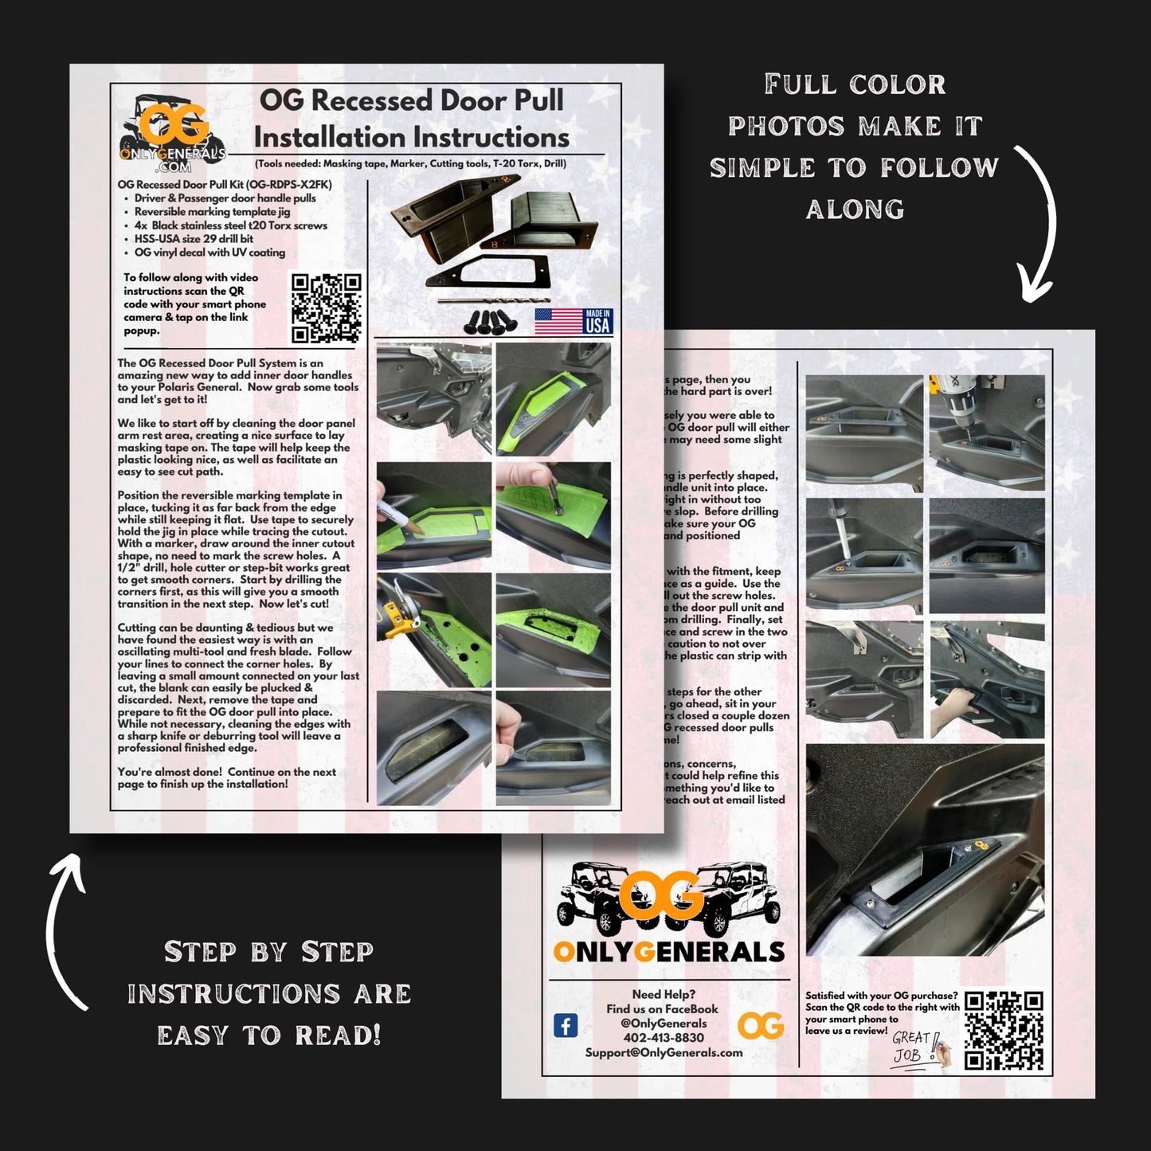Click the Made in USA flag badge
coord(574,322)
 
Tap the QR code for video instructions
coord(326,308)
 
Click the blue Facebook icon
coord(566,1025)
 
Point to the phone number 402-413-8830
coord(664,1038)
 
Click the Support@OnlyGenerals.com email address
coord(664,1052)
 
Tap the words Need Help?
coord(664,994)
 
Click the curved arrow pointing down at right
coord(1036,223)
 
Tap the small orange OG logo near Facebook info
coord(760,1026)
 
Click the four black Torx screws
coord(488,320)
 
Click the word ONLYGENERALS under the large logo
coord(668,952)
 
